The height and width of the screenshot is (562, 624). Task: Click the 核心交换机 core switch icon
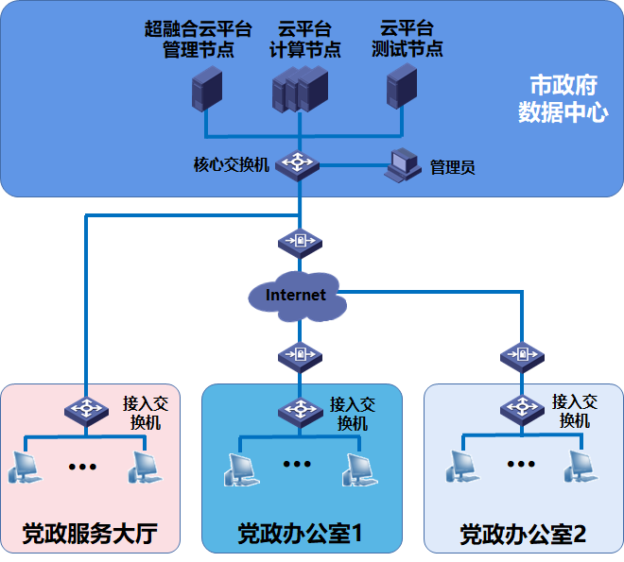(x=300, y=164)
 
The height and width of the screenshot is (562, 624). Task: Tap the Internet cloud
(x=296, y=296)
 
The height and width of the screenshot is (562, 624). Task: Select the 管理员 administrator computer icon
(x=403, y=164)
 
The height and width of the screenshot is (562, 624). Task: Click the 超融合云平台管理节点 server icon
(x=206, y=91)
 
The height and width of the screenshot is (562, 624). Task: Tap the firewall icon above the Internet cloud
(x=300, y=242)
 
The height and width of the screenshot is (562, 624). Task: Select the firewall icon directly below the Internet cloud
(x=300, y=355)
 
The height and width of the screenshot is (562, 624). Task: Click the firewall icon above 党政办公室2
(x=521, y=355)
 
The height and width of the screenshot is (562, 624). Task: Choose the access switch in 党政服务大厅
(x=86, y=410)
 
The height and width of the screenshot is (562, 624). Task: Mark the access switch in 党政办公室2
(x=521, y=409)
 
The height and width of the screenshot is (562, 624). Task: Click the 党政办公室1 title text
(x=301, y=534)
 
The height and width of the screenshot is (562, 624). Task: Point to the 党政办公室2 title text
(x=523, y=535)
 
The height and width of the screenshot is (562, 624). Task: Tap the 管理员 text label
(x=452, y=167)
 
